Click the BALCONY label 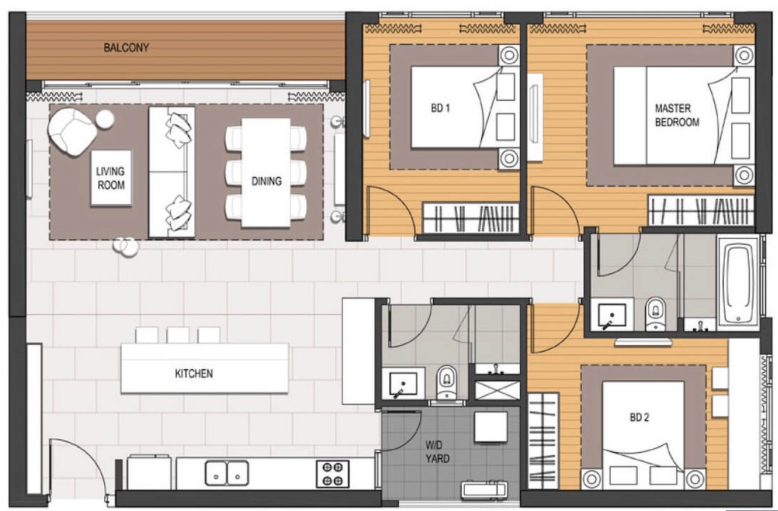126,47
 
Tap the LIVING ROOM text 111,178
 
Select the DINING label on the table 266,181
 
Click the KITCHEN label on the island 193,373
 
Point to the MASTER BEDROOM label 677,115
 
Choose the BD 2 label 639,417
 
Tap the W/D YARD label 437,451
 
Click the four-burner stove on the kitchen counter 332,473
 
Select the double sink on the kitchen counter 227,473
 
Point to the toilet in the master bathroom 656,313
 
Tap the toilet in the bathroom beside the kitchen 447,382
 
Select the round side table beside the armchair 105,119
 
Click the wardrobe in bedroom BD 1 470,218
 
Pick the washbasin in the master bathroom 611,314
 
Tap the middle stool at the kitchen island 178,335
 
